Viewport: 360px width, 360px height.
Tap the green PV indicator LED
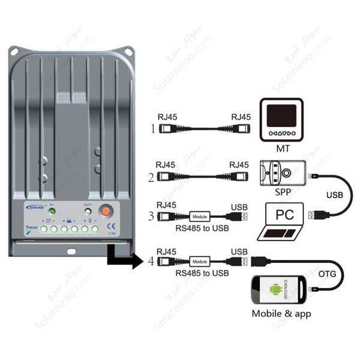pos(52,212)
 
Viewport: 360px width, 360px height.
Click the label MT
pos(281,147)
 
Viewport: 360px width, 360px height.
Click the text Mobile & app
pos(281,313)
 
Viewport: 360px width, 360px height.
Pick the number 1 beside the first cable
pos(152,128)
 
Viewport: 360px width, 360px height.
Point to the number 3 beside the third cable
pos(151,216)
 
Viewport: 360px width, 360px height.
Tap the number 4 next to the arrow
pos(151,262)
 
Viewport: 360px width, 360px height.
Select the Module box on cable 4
pos(200,262)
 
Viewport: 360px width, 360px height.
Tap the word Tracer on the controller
pos(34,227)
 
